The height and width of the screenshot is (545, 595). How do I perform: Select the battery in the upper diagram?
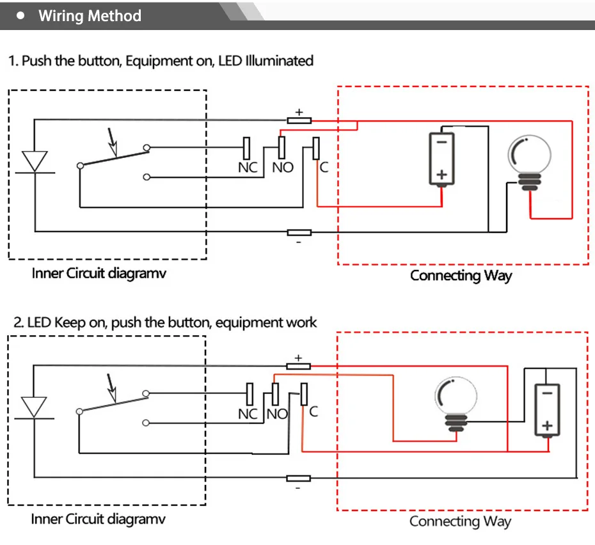pyautogui.click(x=441, y=159)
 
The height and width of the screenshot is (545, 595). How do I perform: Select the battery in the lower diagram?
pyautogui.click(x=547, y=410)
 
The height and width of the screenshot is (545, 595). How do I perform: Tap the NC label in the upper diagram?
pyautogui.click(x=248, y=168)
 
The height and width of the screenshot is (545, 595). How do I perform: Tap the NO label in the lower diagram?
pyautogui.click(x=277, y=414)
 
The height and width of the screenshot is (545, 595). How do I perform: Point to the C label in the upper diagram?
pyautogui.click(x=324, y=167)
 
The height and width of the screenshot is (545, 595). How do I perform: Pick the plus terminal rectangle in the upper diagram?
pyautogui.click(x=299, y=121)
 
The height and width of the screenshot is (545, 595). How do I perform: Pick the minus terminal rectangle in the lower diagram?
pyautogui.click(x=298, y=478)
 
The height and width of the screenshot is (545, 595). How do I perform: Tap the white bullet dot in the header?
pyautogui.click(x=20, y=15)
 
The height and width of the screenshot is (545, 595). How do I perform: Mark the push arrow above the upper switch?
pyautogui.click(x=113, y=142)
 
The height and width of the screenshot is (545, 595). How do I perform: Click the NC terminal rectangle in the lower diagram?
pyautogui.click(x=250, y=394)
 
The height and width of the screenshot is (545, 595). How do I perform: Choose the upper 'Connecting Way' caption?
pyautogui.click(x=461, y=276)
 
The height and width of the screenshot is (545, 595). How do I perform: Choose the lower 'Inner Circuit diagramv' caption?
pyautogui.click(x=99, y=519)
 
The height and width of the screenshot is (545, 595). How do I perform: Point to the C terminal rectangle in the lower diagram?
pyautogui.click(x=304, y=394)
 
